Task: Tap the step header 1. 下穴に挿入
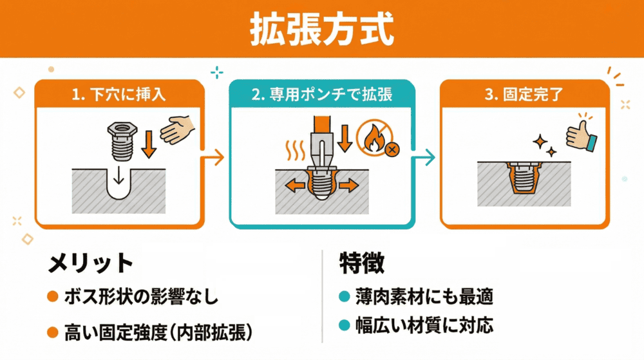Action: click(x=120, y=95)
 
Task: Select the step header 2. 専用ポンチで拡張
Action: click(x=322, y=95)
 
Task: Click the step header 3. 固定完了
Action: click(x=524, y=95)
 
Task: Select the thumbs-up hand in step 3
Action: click(x=581, y=135)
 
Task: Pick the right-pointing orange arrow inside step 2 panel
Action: click(x=348, y=185)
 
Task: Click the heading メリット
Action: click(x=90, y=264)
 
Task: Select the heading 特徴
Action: click(x=362, y=263)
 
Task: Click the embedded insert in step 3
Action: click(x=523, y=180)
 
